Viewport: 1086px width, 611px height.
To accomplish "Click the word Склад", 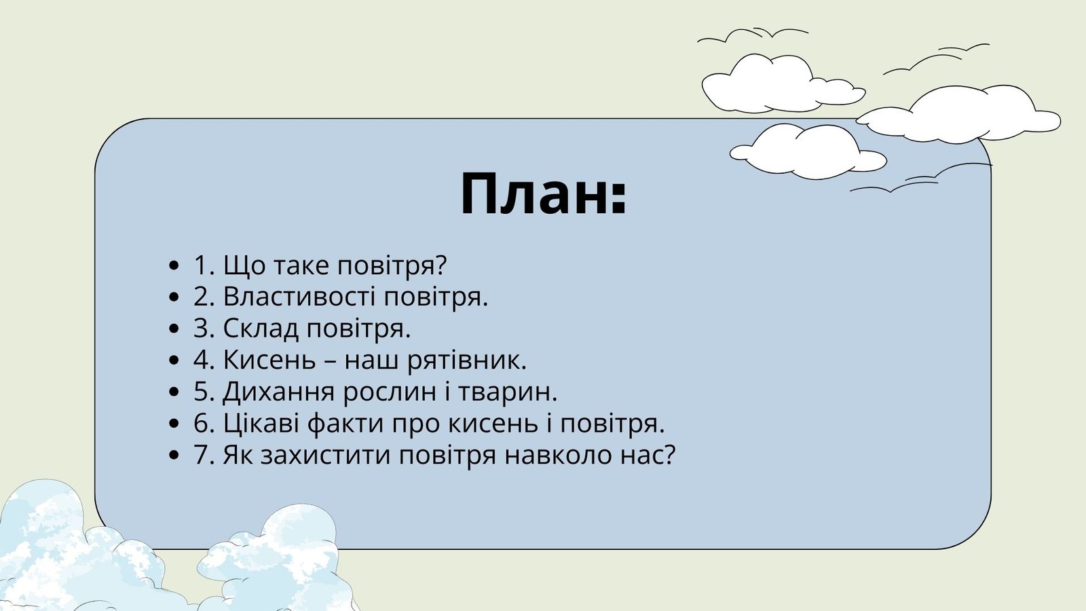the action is pyautogui.click(x=261, y=329).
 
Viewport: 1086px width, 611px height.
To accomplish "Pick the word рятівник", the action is pyautogui.click(x=466, y=361).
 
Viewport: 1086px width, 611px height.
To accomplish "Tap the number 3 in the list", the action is pyautogui.click(x=203, y=329).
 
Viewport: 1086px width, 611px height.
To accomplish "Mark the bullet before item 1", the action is pyautogui.click(x=175, y=266).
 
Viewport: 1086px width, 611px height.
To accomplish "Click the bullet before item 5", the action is pyautogui.click(x=175, y=393).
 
